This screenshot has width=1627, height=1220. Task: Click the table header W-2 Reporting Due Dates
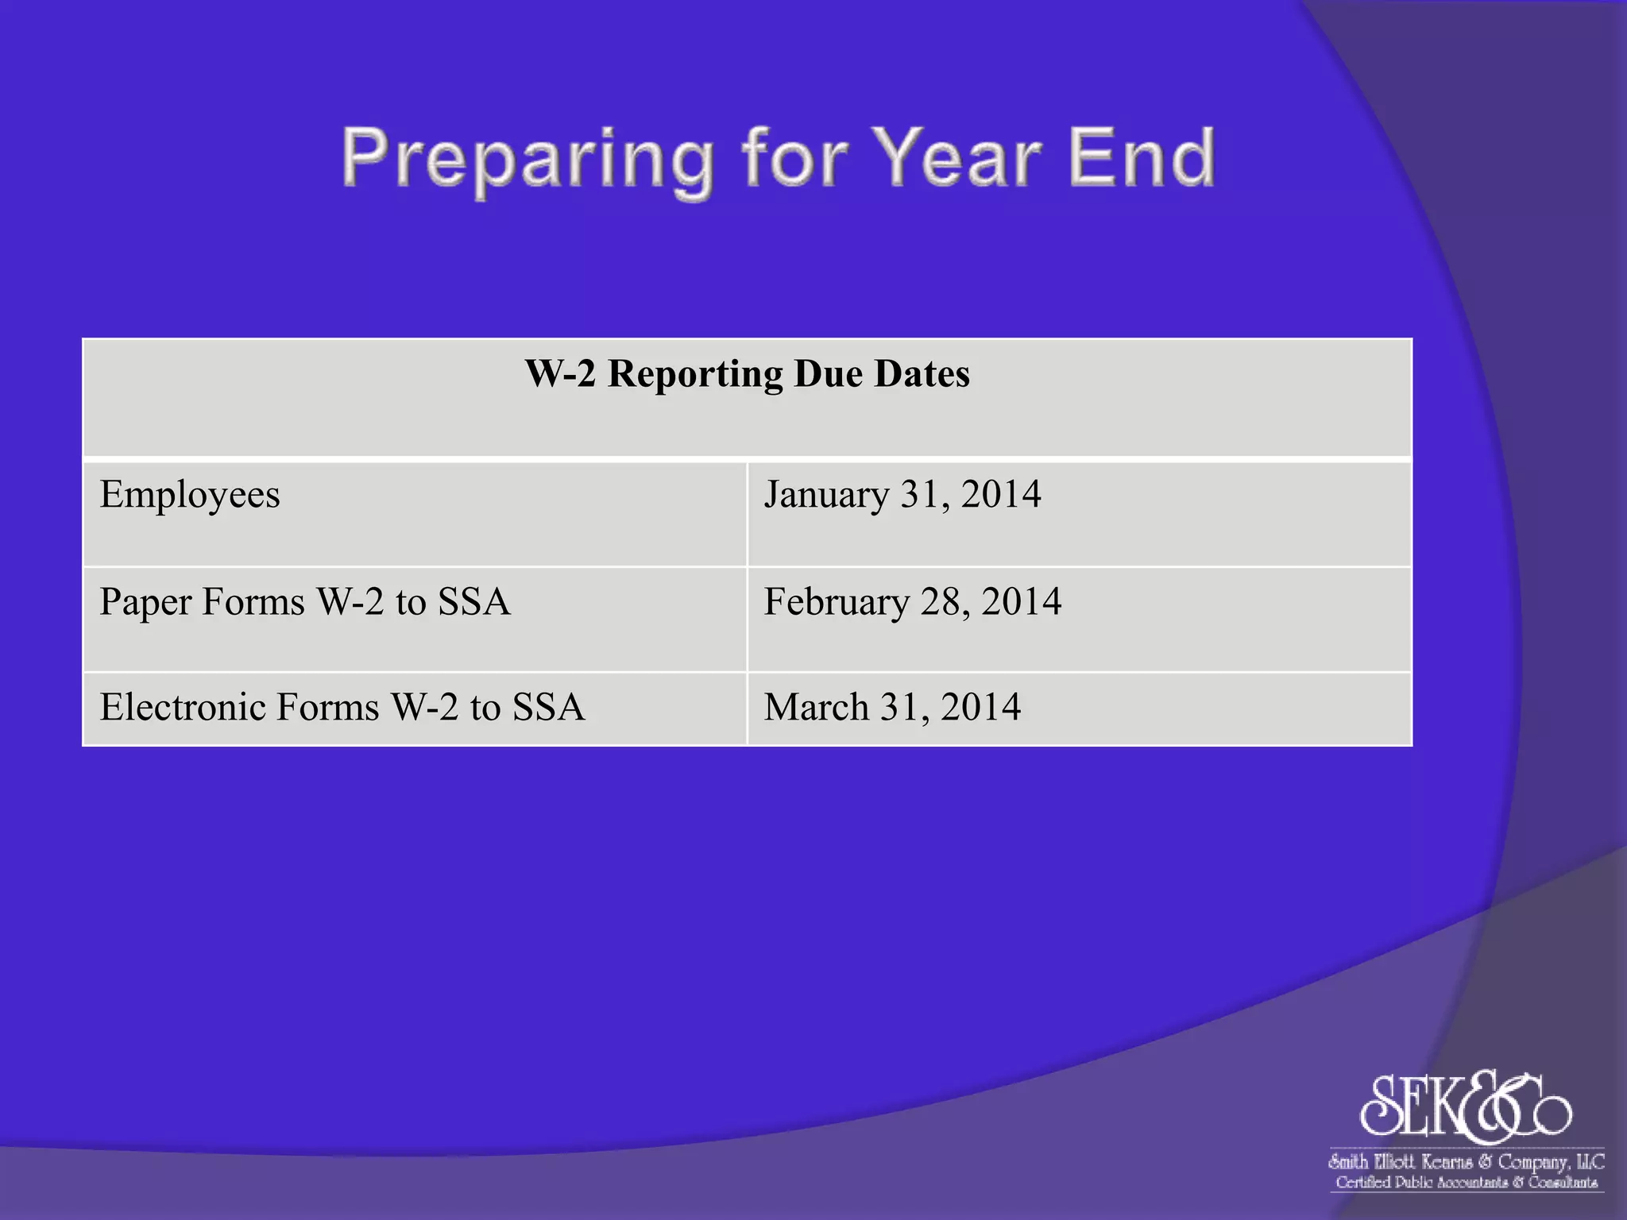[x=747, y=373]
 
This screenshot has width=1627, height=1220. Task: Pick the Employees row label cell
[x=414, y=513]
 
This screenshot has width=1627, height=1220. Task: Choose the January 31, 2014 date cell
[x=1079, y=513]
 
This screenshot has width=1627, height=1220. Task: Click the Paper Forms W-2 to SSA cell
[x=414, y=619]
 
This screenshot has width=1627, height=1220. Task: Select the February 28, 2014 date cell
[x=1079, y=619]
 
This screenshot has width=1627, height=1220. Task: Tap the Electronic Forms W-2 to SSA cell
[x=414, y=708]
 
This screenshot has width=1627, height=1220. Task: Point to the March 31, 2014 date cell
[x=1079, y=708]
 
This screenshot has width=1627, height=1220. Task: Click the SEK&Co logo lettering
[x=1466, y=1106]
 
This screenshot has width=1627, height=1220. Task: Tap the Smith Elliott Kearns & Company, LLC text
[x=1467, y=1162]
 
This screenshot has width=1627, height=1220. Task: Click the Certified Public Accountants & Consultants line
[x=1467, y=1183]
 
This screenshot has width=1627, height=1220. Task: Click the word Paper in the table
[x=145, y=602]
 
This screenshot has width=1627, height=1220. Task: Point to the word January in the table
[x=826, y=495]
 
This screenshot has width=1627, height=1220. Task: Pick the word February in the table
[x=837, y=601]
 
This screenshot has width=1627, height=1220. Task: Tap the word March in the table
[x=816, y=707]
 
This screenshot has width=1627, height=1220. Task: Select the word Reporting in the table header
[x=695, y=373]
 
